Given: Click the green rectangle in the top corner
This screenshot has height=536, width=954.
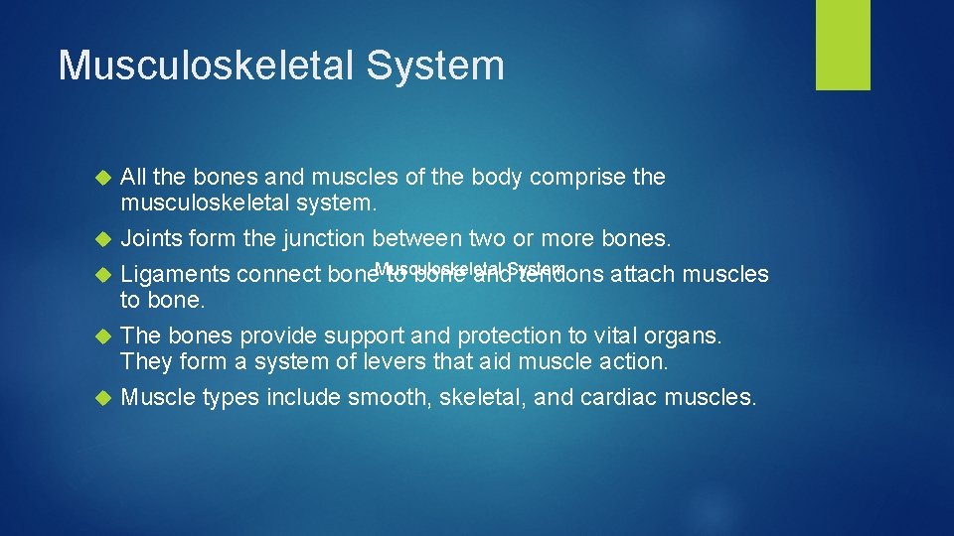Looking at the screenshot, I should (x=843, y=45).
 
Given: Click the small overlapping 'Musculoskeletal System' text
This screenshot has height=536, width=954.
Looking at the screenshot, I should (x=470, y=269).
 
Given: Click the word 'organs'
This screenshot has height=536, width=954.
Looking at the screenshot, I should (x=686, y=336).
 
